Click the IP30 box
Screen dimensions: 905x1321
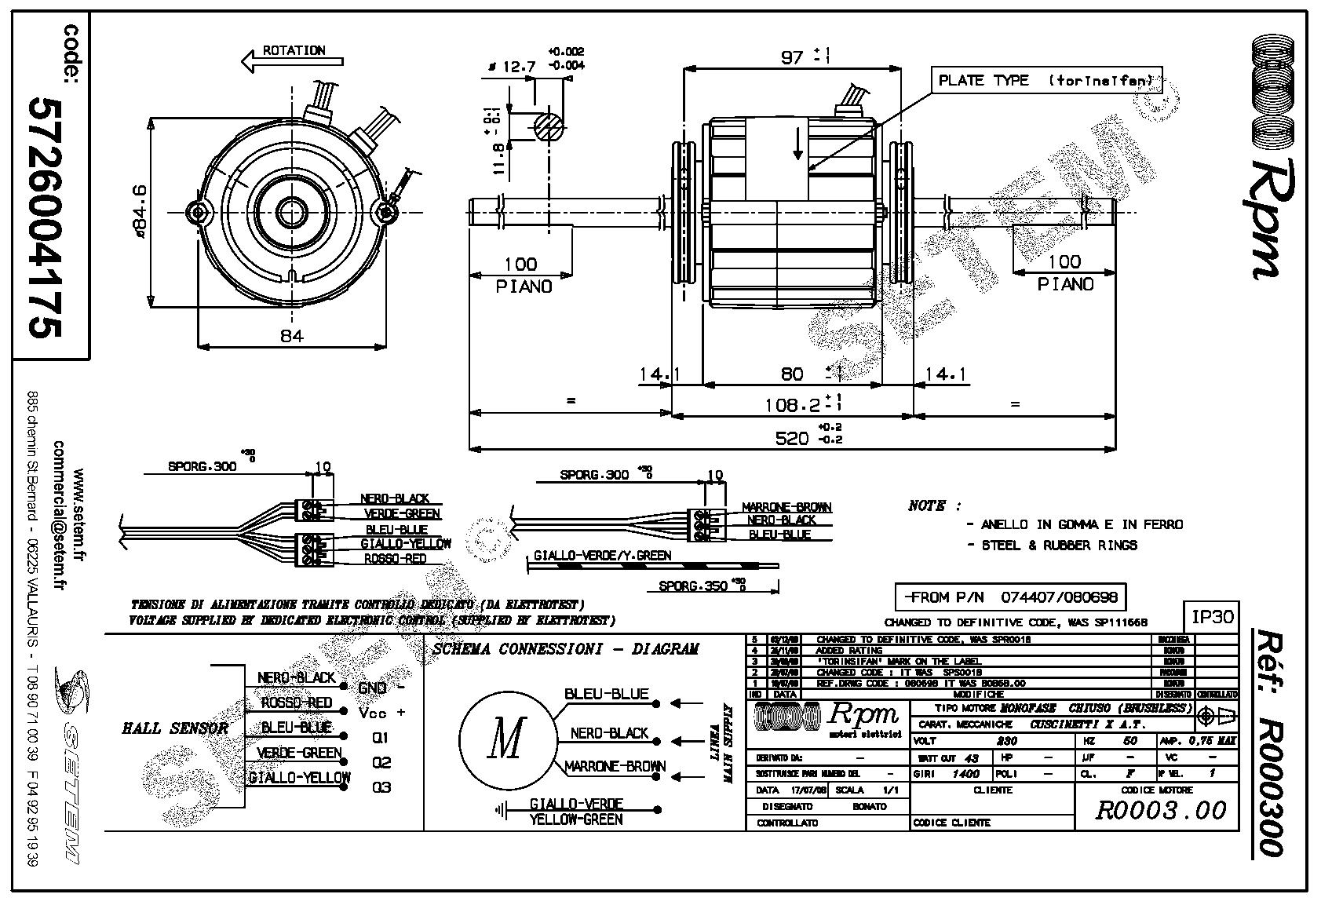click(x=1212, y=616)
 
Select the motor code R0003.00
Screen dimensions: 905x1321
click(x=1160, y=810)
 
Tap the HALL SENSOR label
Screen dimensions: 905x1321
click(x=175, y=728)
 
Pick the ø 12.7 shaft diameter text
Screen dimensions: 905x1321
click(x=511, y=68)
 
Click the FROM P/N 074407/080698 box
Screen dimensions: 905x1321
click(x=1010, y=597)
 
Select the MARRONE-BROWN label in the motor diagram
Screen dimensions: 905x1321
click(x=615, y=766)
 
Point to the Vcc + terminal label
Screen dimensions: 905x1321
click(x=381, y=713)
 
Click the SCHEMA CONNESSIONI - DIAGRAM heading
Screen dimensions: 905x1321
click(x=565, y=649)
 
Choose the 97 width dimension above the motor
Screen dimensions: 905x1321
click(x=793, y=57)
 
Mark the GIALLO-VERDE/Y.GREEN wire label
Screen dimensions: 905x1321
click(x=602, y=556)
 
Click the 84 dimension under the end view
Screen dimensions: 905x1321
click(x=291, y=336)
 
